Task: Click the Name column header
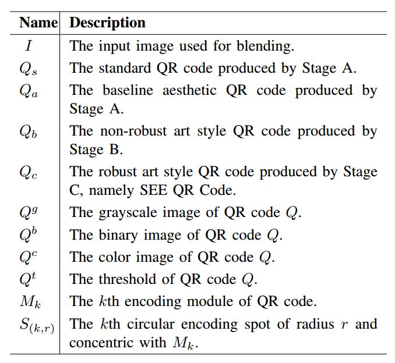[38, 23]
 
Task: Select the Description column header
[107, 23]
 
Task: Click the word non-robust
[132, 131]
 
